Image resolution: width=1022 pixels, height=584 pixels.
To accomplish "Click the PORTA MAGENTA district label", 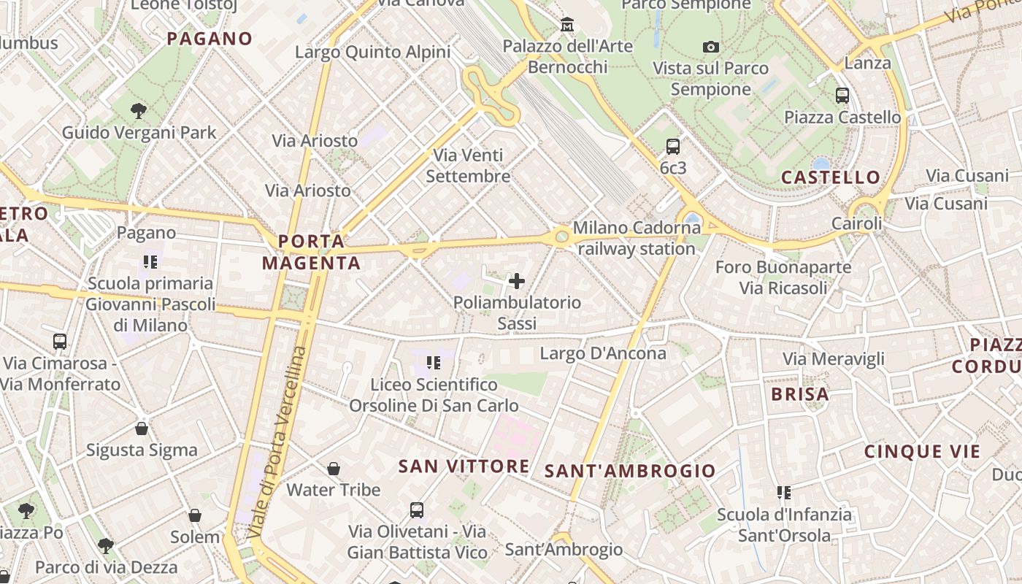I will [x=312, y=252].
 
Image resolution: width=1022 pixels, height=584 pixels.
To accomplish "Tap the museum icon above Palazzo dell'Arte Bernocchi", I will [x=567, y=26].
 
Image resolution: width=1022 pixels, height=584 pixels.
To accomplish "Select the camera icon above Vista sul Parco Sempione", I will [x=711, y=47].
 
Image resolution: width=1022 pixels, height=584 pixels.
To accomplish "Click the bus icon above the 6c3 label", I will [x=673, y=147].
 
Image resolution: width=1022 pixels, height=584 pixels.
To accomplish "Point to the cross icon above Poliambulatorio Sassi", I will [x=517, y=281].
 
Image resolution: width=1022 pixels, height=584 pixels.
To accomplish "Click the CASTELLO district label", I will [x=831, y=177].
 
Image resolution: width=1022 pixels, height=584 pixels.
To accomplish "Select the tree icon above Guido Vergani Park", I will [x=139, y=111].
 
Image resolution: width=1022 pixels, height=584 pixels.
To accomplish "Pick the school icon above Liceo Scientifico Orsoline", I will [x=434, y=362].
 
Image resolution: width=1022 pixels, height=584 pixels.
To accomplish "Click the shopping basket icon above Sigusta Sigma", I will [x=142, y=429].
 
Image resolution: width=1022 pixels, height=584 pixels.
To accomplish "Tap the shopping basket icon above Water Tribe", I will [x=334, y=468].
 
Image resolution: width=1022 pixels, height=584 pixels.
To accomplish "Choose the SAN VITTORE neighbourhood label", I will [x=464, y=466].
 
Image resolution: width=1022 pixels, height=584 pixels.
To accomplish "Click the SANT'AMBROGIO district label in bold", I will [x=631, y=471].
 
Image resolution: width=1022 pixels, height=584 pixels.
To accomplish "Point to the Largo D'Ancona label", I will [x=603, y=353].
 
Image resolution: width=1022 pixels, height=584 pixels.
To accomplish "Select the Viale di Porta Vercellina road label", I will [x=278, y=442].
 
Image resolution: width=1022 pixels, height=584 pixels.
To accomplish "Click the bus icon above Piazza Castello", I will [x=842, y=95].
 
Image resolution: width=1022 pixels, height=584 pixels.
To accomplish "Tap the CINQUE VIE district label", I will [x=923, y=452].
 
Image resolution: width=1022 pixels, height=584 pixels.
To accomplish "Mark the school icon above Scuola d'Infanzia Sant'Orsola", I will [x=784, y=493].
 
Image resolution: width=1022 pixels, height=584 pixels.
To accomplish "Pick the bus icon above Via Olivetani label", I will [x=417, y=510].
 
